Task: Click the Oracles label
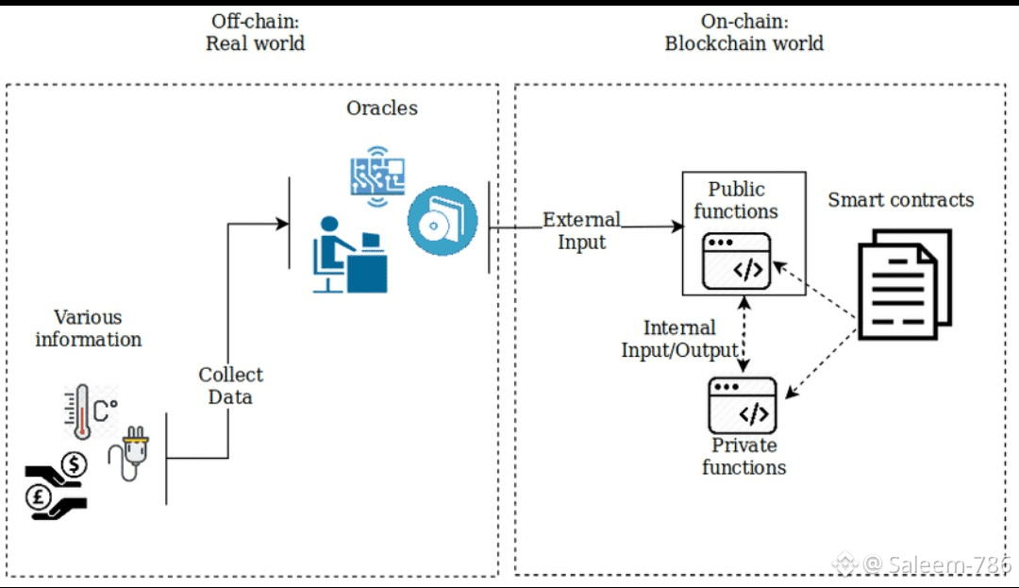pyautogui.click(x=382, y=108)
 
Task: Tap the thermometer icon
pyautogui.click(x=83, y=412)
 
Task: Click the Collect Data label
pyautogui.click(x=230, y=386)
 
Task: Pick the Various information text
pyautogui.click(x=88, y=328)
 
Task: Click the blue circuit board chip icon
pyautogui.click(x=378, y=173)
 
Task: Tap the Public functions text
pyautogui.click(x=736, y=200)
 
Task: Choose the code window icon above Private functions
pyautogui.click(x=743, y=406)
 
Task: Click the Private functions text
pyautogui.click(x=743, y=456)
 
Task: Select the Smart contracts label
pyautogui.click(x=900, y=200)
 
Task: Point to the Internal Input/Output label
pyautogui.click(x=679, y=339)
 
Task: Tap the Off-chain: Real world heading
pyautogui.click(x=255, y=32)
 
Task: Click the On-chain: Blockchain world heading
pyautogui.click(x=743, y=32)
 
